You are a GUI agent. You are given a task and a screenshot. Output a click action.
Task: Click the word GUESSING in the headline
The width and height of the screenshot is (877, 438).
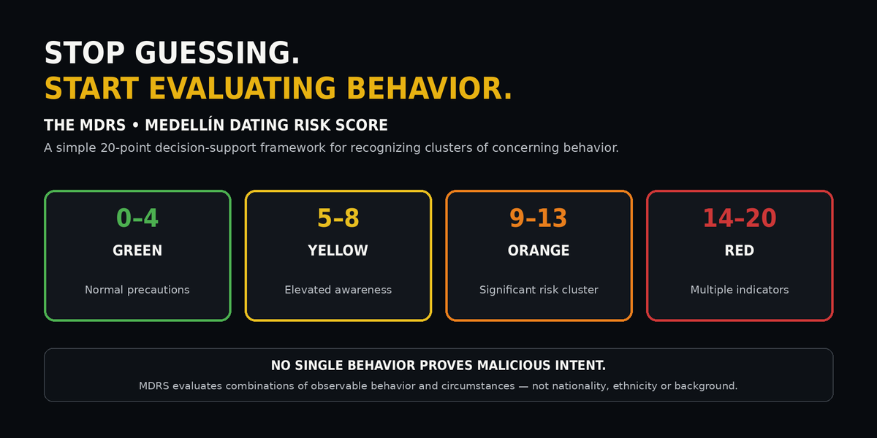click(x=217, y=53)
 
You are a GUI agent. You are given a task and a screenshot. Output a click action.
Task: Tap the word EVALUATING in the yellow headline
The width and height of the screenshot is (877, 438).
click(x=242, y=88)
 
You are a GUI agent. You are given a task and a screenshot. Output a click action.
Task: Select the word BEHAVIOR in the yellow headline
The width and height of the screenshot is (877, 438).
click(x=429, y=88)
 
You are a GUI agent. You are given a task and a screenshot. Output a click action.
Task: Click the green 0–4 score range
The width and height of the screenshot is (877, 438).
click(x=137, y=218)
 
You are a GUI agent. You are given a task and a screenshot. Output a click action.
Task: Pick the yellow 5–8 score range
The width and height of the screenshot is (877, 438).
click(x=338, y=218)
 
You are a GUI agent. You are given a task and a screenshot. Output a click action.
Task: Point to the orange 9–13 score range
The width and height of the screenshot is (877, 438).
click(x=539, y=218)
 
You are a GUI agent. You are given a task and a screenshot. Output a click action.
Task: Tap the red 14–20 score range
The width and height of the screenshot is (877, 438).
click(x=739, y=218)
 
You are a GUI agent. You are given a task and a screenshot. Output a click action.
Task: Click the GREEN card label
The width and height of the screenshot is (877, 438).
click(x=137, y=250)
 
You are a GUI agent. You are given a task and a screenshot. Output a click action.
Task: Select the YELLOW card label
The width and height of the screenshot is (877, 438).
click(x=338, y=250)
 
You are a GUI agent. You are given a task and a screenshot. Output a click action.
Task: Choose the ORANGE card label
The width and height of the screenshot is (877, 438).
click(x=539, y=250)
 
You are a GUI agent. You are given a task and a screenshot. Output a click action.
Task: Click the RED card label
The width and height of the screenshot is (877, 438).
click(x=739, y=250)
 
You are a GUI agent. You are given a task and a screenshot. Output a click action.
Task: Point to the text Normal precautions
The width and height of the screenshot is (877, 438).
click(x=137, y=290)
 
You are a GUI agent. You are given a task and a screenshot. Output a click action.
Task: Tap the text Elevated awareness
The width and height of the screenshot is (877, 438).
click(x=338, y=290)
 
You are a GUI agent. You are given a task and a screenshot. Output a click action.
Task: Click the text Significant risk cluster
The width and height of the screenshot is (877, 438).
click(x=539, y=290)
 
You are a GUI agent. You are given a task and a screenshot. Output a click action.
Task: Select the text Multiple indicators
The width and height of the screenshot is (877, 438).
click(x=740, y=290)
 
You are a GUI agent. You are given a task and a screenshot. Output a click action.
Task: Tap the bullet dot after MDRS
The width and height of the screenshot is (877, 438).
click(x=135, y=126)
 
